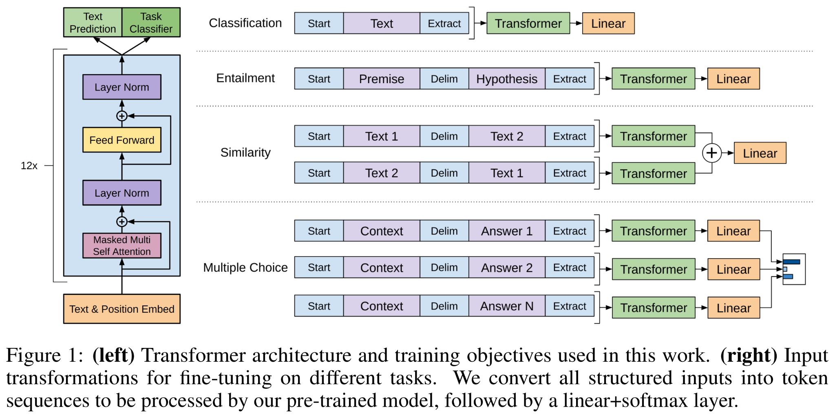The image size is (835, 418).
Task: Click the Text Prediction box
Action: click(x=93, y=22)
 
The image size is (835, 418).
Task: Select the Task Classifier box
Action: click(x=151, y=22)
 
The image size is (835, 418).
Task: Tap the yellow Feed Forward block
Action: click(x=122, y=140)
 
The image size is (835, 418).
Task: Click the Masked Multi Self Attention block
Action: click(x=122, y=245)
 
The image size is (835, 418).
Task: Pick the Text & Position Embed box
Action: click(x=122, y=309)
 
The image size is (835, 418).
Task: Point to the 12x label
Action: click(x=29, y=166)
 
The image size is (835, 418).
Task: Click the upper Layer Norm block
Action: click(x=122, y=87)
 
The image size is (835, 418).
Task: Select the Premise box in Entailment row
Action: click(x=382, y=79)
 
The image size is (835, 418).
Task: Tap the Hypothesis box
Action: click(x=507, y=79)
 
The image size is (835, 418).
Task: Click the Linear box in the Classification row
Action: click(x=608, y=23)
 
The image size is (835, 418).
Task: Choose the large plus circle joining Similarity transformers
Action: click(x=712, y=153)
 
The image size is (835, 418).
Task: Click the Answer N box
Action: click(x=507, y=306)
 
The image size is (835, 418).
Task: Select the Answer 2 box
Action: click(x=507, y=268)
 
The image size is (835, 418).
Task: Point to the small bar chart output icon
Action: click(x=794, y=269)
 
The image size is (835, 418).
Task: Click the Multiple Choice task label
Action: click(x=245, y=268)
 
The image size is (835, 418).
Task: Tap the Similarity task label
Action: click(x=245, y=153)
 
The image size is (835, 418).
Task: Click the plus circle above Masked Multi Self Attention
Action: click(x=122, y=221)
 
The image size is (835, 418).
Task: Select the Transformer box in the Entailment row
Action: click(x=654, y=79)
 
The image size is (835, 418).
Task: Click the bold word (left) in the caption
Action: click(x=113, y=355)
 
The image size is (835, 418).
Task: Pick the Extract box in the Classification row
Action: click(x=444, y=23)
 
